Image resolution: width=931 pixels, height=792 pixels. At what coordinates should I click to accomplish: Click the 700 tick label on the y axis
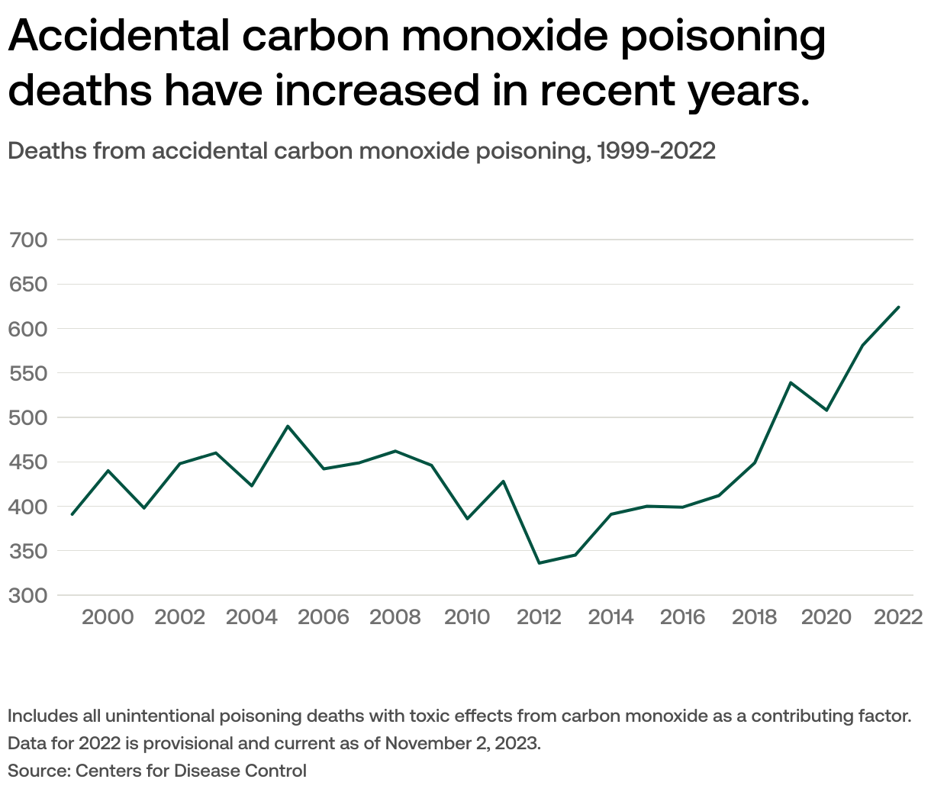[x=27, y=240]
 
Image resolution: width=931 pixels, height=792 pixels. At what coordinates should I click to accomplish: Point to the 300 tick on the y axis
[x=27, y=595]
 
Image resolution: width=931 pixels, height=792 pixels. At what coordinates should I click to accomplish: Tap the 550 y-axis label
[x=27, y=373]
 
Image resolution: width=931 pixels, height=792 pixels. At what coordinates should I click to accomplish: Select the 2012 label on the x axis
[x=539, y=617]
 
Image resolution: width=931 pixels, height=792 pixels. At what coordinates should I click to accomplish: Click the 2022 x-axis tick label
[x=898, y=617]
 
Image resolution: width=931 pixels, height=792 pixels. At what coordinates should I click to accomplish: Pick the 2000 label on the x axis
[x=108, y=617]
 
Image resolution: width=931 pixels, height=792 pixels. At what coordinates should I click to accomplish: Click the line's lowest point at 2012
[x=540, y=563]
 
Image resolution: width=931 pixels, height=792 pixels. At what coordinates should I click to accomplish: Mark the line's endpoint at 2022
[x=899, y=307]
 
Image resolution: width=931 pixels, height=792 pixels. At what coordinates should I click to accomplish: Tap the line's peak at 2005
[x=288, y=426]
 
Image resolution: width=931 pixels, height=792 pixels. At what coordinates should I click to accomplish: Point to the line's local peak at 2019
[x=791, y=382]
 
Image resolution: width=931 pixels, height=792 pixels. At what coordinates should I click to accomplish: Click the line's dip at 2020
[x=826, y=410]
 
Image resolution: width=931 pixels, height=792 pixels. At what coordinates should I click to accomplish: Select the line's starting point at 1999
[x=72, y=514]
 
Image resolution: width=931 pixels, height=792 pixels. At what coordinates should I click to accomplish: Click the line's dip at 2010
[x=467, y=519]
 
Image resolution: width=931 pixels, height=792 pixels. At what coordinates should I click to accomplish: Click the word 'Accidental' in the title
[x=119, y=36]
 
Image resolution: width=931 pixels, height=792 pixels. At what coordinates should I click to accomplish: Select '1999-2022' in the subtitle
[x=656, y=150]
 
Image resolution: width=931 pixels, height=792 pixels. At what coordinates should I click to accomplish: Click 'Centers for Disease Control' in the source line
[x=191, y=771]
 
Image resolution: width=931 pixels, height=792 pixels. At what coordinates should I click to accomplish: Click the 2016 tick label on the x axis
[x=682, y=617]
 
